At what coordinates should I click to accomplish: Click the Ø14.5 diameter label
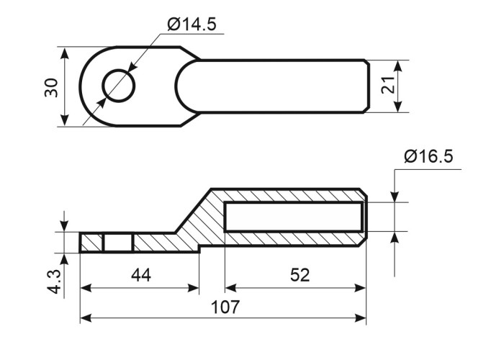pyautogui.click(x=192, y=24)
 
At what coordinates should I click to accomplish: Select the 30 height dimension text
pyautogui.click(x=51, y=87)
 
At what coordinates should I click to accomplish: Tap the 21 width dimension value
pyautogui.click(x=388, y=85)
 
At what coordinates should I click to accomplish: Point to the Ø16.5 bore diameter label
pyautogui.click(x=429, y=156)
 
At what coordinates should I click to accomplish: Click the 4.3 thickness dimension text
pyautogui.click(x=54, y=282)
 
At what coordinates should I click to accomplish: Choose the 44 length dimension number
pyautogui.click(x=141, y=275)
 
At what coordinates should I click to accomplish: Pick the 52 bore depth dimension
pyautogui.click(x=300, y=275)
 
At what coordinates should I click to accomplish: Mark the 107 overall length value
pyautogui.click(x=225, y=307)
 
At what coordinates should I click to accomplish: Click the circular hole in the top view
pyautogui.click(x=119, y=86)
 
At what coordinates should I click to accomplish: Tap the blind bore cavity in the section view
pyautogui.click(x=294, y=217)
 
